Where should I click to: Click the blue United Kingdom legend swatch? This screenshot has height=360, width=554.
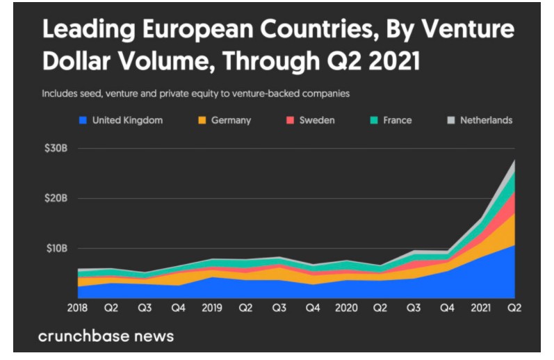pos(82,120)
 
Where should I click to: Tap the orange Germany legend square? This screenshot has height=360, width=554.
pos(202,120)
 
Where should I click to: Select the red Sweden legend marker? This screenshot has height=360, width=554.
pos(290,120)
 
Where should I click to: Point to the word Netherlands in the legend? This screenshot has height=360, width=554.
pos(486,120)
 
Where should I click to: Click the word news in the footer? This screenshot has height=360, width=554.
pos(154,336)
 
